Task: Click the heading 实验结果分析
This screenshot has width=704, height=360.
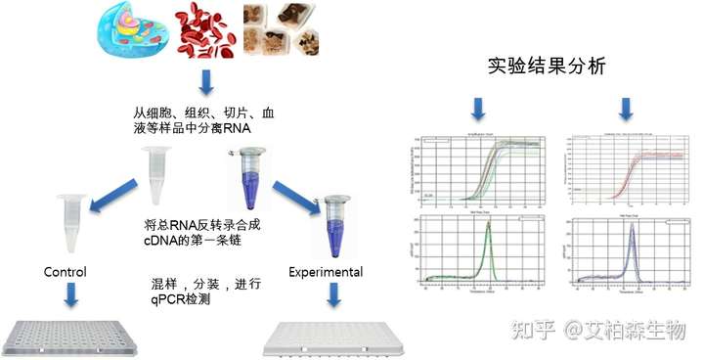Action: (x=547, y=67)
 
